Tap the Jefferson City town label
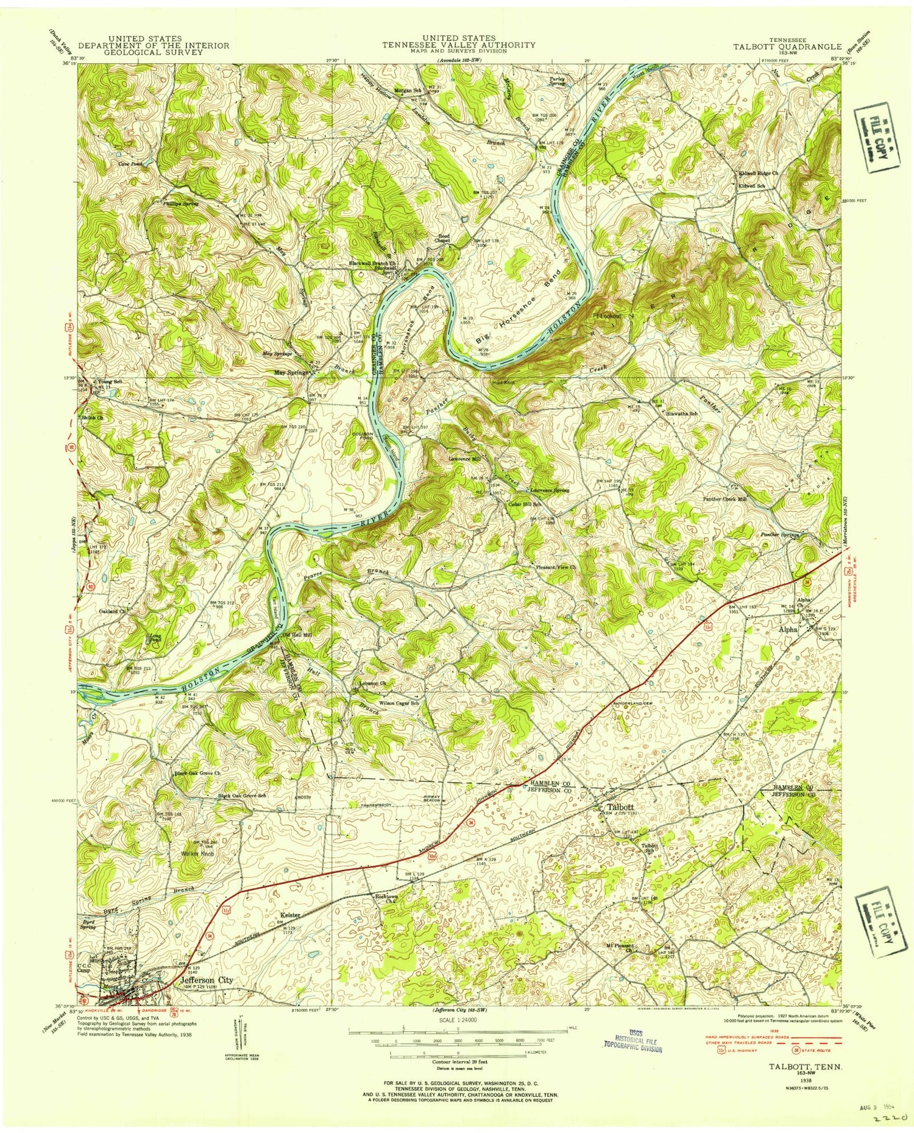click(207, 980)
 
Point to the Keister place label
click(291, 915)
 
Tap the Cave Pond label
click(130, 164)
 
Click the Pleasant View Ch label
click(556, 567)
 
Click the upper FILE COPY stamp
click(876, 138)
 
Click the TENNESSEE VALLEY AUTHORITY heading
click(458, 44)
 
